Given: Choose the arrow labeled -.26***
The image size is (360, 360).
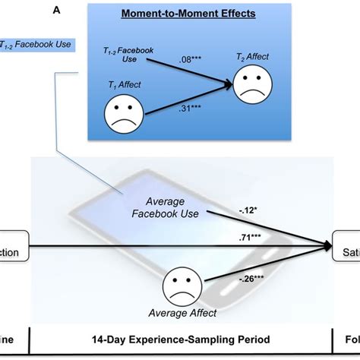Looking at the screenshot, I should [266, 266].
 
